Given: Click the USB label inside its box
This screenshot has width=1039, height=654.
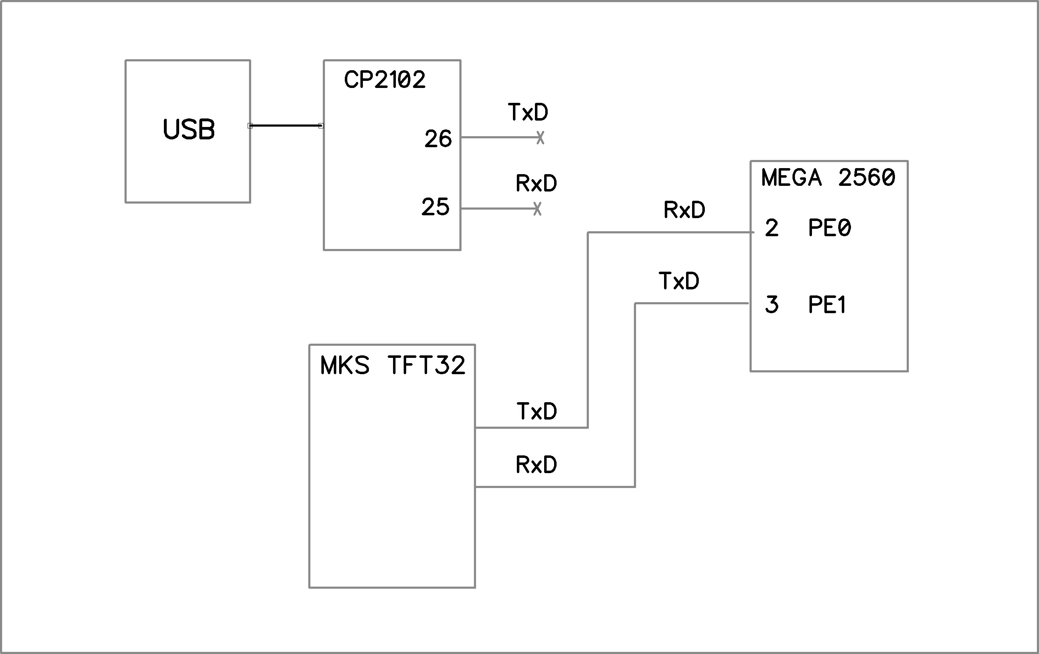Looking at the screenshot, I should (189, 129).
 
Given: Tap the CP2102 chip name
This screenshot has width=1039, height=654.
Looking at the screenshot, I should (385, 80).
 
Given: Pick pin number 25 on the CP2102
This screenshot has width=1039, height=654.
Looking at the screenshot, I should (435, 207).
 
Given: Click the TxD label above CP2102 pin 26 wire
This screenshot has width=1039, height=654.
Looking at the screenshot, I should (528, 112).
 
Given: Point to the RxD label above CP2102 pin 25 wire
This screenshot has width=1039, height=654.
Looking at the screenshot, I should (536, 183).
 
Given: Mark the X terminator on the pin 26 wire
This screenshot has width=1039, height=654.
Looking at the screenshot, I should (540, 138).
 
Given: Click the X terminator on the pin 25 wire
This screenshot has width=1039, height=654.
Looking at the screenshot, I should (537, 209).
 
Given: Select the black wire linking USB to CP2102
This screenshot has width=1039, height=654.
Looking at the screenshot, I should (286, 126).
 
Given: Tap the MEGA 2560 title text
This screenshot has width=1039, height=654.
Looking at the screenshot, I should (828, 177).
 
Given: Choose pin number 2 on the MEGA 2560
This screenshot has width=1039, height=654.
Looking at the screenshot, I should (772, 228).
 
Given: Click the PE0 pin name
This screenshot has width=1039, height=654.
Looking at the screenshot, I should (829, 228).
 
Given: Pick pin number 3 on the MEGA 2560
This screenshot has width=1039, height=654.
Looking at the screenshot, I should (772, 305).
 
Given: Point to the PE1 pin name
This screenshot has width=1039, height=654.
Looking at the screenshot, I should (827, 305).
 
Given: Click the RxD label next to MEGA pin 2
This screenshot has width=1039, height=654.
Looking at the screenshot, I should (684, 210).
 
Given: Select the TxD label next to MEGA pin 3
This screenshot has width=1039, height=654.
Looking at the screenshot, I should (678, 281).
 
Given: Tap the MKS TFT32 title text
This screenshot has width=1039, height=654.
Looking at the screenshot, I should (393, 365).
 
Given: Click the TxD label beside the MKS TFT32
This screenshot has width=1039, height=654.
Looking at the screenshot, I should (536, 411).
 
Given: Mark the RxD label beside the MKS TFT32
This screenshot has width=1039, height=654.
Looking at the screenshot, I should (536, 465).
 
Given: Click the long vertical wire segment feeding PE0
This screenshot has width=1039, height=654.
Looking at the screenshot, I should (588, 330).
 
